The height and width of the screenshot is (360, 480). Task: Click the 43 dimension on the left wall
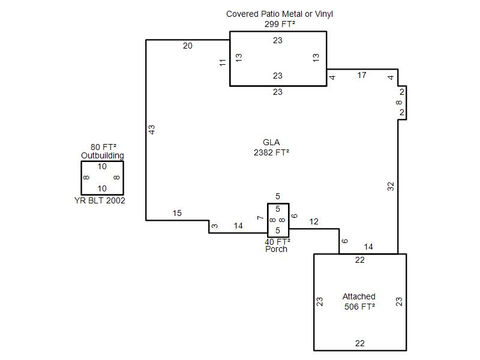pos(152,130)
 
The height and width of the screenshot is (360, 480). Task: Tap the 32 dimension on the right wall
pos(391,187)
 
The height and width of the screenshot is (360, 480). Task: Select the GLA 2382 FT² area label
pos(272,147)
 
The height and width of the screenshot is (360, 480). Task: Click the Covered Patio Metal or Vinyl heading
pos(280,14)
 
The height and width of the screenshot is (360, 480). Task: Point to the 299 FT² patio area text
pos(280,24)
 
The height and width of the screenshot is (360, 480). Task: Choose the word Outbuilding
pos(103,155)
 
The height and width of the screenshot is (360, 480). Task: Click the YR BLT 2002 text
pos(100,200)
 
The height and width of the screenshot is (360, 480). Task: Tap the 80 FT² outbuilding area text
pos(103,147)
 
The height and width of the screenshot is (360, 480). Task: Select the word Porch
pos(276,249)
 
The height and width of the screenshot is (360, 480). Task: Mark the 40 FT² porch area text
pos(277,242)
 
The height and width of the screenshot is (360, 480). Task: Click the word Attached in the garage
pos(359,296)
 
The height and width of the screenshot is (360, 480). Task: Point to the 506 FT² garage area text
pos(359,307)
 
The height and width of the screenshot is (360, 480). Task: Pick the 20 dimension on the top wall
pos(188,46)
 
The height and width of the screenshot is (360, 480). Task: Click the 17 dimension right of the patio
pos(362,76)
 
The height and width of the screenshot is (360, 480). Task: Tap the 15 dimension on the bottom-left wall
pos(177,213)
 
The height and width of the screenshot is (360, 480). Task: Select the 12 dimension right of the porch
pos(314,221)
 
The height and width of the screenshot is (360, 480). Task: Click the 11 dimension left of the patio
pos(223,62)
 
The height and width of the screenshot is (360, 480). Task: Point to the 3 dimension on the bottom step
pos(215,226)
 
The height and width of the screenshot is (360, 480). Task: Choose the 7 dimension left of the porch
pos(260,218)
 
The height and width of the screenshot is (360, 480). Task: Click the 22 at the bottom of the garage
pos(359,343)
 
